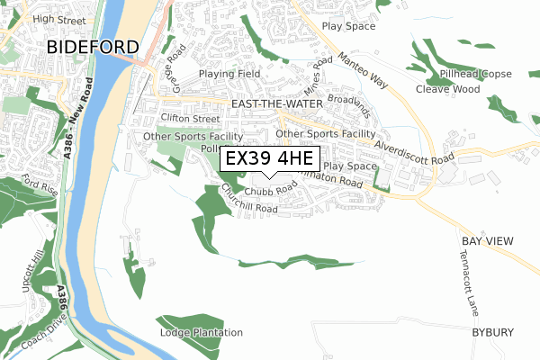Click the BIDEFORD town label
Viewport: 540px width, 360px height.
93,47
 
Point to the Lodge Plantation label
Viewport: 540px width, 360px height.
202,333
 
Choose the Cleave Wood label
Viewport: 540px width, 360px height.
447,89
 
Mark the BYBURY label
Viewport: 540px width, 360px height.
493,332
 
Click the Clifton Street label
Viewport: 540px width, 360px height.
190,118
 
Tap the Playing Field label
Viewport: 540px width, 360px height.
229,74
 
